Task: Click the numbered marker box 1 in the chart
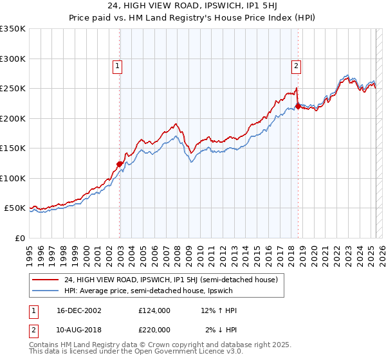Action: click(x=118, y=65)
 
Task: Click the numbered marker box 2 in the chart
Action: click(x=296, y=65)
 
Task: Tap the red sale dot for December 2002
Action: click(x=120, y=164)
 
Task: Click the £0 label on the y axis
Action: click(x=20, y=238)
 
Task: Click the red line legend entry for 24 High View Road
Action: click(x=170, y=280)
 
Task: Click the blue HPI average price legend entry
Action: click(x=151, y=291)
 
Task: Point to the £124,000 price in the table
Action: click(x=154, y=310)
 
